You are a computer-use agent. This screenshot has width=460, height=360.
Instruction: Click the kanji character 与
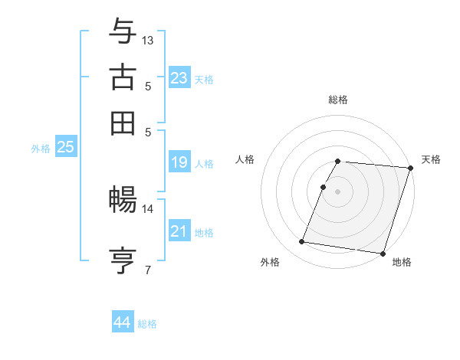123,32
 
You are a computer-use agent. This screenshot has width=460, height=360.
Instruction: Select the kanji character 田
123,123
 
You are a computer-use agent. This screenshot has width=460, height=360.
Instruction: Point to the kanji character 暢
123,201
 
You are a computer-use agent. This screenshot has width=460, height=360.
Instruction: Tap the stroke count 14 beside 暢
148,208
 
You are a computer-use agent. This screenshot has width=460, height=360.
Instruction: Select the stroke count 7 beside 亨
148,269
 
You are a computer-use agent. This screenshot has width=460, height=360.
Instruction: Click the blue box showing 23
179,77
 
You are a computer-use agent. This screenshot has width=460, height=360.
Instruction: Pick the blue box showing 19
179,162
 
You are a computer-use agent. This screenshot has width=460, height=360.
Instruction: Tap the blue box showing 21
179,231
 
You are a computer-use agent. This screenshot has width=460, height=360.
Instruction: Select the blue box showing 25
66,147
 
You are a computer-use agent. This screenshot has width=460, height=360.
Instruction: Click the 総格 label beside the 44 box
147,324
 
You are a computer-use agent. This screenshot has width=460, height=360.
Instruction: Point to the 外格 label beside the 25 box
41,149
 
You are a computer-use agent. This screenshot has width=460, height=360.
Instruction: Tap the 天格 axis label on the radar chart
431,159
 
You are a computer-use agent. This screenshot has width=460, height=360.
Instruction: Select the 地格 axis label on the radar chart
402,262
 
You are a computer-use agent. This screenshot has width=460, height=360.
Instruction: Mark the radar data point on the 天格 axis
410,169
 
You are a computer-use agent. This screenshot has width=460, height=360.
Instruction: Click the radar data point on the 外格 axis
302,242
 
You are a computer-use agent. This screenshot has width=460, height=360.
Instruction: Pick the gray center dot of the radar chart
337,191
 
